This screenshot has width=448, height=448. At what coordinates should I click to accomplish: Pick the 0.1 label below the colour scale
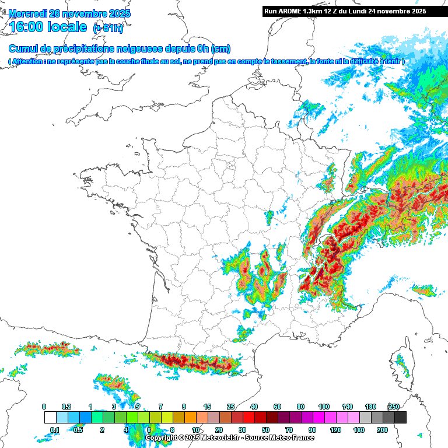[x=55, y=430]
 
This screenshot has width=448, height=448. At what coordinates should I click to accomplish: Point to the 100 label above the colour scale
[x=324, y=407]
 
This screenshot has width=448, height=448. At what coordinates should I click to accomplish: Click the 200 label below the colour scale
[x=382, y=430]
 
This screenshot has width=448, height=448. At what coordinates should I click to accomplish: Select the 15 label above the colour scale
[x=207, y=407]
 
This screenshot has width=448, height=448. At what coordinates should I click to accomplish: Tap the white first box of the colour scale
[x=50, y=418]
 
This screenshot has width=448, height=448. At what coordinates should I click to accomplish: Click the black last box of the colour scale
[x=400, y=418]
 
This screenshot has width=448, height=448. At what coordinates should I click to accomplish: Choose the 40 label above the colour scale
[x=254, y=407]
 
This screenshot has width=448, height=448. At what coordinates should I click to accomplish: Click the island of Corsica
[x=401, y=365]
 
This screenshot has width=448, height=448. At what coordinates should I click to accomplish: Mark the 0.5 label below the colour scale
[x=79, y=430]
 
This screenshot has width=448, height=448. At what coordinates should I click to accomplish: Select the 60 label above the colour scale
[x=277, y=407]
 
